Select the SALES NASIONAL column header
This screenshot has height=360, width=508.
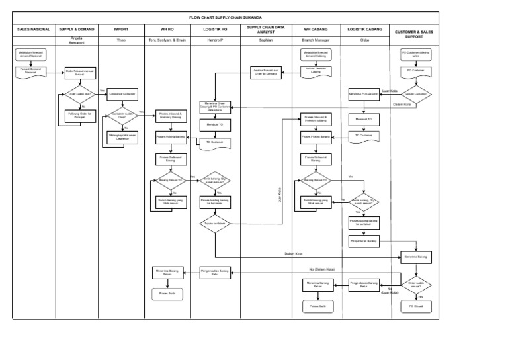point(32,30)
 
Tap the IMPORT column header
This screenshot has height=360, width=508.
point(121,30)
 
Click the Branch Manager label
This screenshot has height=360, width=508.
point(316,40)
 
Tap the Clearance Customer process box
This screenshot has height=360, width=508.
point(122,94)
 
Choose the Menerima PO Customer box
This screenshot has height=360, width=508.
point(364,94)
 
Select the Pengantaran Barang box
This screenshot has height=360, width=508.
point(364,241)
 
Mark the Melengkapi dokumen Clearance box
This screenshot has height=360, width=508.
point(122,137)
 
